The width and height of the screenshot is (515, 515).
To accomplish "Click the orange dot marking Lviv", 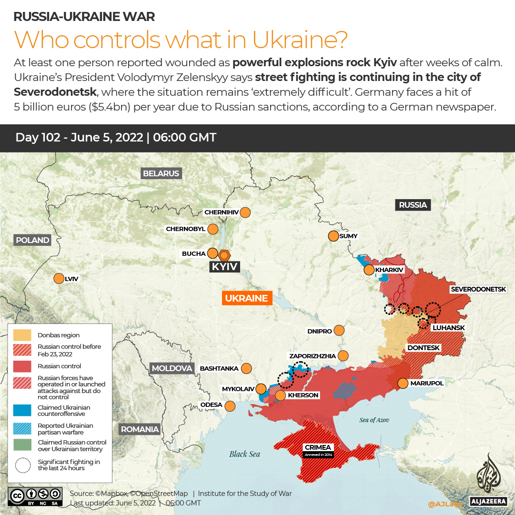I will [59, 279].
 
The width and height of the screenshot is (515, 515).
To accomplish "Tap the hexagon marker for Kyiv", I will [224, 254].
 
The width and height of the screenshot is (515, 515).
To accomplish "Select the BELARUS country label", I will [161, 173].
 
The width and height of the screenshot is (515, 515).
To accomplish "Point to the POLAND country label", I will [32, 240].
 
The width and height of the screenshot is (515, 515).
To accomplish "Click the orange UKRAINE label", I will [246, 298].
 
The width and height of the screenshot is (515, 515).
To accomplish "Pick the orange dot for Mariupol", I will [403, 383].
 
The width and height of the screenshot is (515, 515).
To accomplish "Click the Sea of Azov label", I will [374, 420].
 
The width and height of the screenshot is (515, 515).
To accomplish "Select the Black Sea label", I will [244, 454].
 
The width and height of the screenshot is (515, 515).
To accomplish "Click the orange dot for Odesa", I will [230, 406].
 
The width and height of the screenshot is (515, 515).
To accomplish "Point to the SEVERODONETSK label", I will [482, 289].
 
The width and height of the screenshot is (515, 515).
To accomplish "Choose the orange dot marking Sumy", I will [333, 236].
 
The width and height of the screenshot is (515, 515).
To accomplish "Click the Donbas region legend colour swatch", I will [22, 335].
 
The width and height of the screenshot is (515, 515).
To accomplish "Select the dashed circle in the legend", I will [22, 465].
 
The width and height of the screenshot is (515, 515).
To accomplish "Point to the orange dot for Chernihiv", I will [245, 212].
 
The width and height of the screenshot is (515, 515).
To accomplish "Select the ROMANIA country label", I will [140, 429].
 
